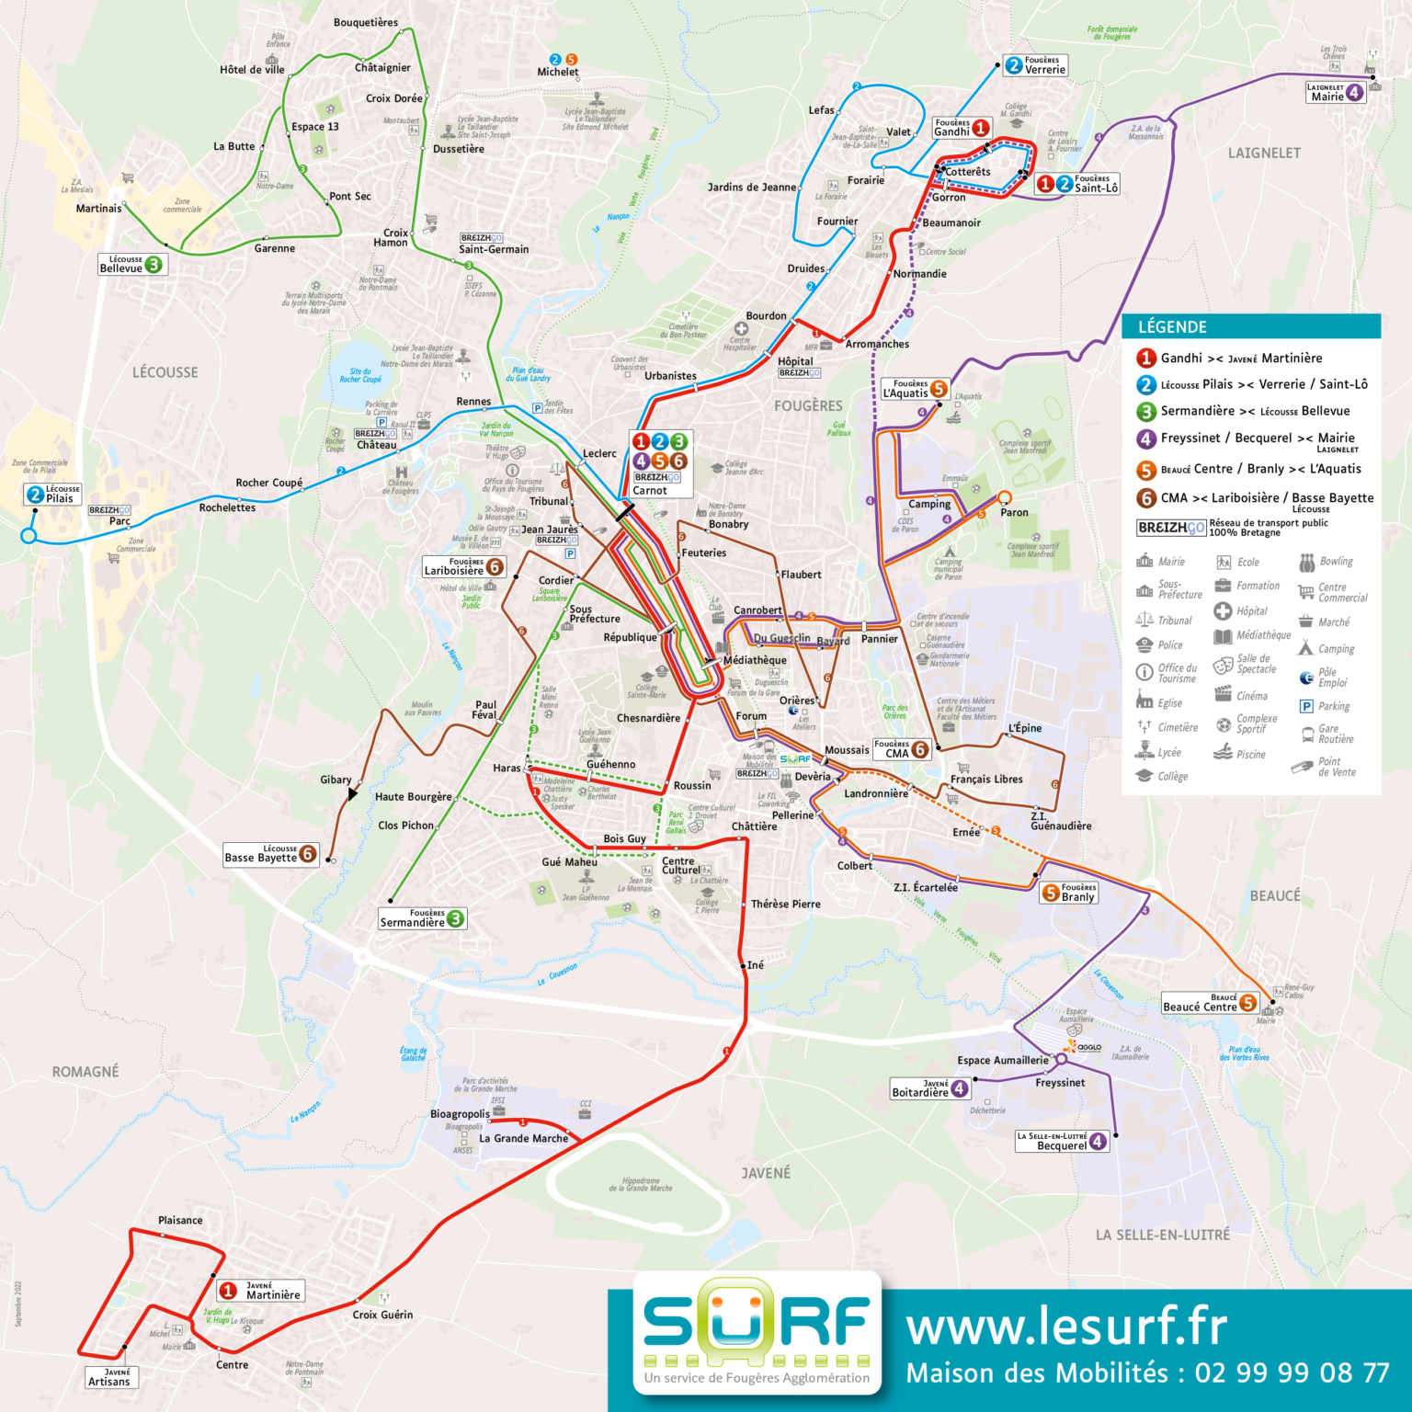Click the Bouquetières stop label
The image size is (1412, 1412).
(366, 23)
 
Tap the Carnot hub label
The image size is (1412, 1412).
(650, 490)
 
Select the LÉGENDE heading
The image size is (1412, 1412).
(1172, 327)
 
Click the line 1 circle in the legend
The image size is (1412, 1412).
(1146, 359)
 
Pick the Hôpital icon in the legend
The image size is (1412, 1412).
(1223, 611)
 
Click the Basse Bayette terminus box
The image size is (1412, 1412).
(270, 855)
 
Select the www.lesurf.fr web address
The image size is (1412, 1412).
(1066, 1327)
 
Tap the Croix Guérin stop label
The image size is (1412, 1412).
(382, 1315)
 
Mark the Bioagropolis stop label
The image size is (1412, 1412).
(460, 1114)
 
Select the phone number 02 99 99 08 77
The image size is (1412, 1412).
(1292, 1373)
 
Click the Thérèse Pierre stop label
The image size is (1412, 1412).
(785, 904)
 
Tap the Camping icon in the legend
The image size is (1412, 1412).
(1305, 649)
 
